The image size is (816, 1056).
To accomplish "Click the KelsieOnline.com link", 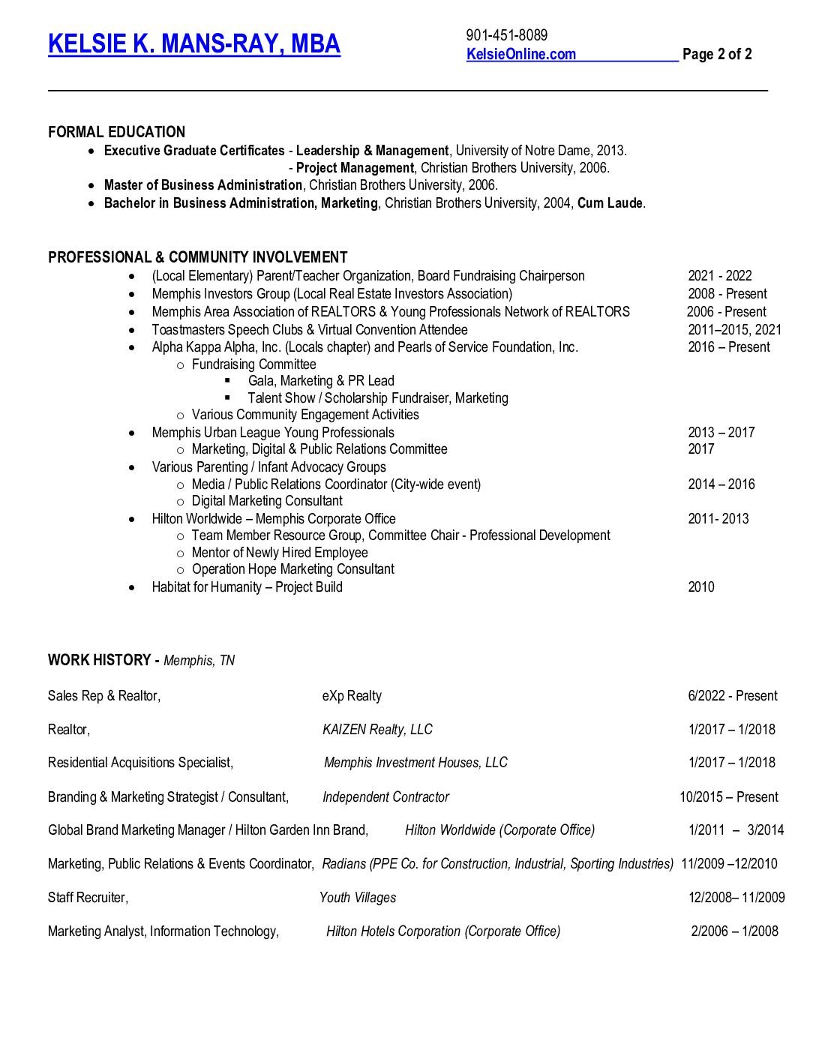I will coord(521,54).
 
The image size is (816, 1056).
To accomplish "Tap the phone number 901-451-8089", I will coord(506,35).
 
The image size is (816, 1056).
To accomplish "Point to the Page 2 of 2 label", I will coord(717,54).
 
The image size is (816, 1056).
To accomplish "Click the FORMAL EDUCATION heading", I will coord(116,132).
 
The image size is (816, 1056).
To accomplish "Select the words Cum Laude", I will coord(610,203).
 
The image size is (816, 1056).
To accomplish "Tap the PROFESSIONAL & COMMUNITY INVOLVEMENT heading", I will coord(197,258).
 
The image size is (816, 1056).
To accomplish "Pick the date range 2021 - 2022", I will coord(719,276).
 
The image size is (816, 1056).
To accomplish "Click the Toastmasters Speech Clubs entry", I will coord(309,330).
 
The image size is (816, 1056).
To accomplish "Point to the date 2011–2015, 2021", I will coord(734,330).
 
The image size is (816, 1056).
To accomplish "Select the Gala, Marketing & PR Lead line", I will coord(321,381).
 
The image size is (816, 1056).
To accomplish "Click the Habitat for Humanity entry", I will coord(247,587).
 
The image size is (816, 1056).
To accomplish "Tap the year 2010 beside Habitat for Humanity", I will coord(701,587).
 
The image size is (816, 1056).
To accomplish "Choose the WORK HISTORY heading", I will coord(100,660).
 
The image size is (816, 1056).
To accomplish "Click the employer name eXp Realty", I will coord(352,696).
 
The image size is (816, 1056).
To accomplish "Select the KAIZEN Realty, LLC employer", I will coord(377,730).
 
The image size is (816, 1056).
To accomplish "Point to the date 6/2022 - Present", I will coord(732,696).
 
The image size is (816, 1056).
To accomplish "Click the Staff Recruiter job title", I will coord(88,898).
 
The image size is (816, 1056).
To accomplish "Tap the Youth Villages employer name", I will coord(358,898).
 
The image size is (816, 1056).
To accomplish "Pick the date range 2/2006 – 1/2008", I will coord(734,931).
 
